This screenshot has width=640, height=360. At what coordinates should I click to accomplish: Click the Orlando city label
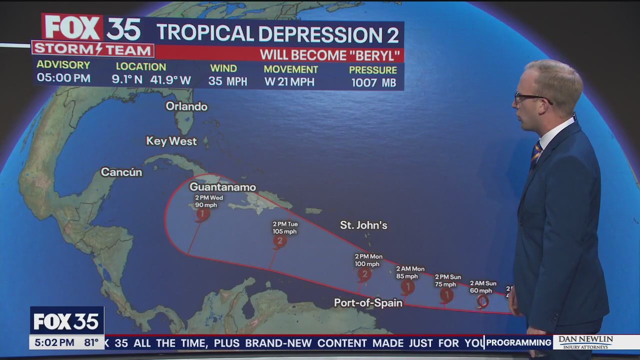[x=186, y=106]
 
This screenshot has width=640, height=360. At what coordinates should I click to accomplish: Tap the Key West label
[x=171, y=141]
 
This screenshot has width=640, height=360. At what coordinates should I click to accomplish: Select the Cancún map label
[x=121, y=172]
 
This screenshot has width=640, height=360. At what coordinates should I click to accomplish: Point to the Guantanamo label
[x=222, y=187]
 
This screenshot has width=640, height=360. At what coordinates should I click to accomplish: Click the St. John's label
[x=363, y=225]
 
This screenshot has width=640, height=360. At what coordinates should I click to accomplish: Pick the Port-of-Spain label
[x=368, y=303]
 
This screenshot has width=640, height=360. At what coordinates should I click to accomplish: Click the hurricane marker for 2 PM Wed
[x=202, y=214]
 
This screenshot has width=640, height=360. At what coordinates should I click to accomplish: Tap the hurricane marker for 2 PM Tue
[x=279, y=241]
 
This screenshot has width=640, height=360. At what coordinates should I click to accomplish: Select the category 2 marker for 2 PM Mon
[x=364, y=274]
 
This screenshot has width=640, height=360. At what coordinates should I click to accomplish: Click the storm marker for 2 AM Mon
[x=407, y=286]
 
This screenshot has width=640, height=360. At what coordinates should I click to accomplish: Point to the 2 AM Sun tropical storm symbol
[x=482, y=301]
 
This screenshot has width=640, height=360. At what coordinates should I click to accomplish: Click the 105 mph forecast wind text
[x=284, y=231]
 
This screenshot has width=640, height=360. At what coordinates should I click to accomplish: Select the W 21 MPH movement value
[x=289, y=82]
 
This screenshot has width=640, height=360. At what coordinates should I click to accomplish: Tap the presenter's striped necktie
[x=535, y=153]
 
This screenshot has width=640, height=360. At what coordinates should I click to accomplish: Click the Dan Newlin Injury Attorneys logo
[x=585, y=342]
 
